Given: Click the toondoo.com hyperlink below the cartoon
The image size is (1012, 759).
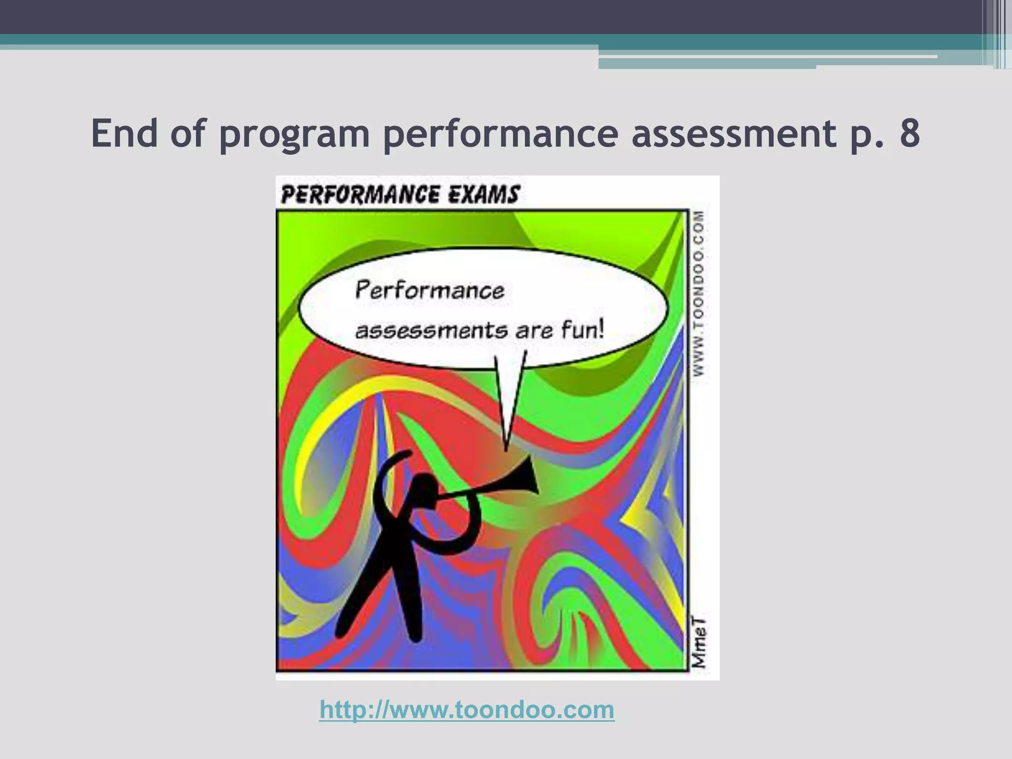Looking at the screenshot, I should [467, 710].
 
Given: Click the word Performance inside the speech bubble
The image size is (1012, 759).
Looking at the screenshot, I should [430, 290].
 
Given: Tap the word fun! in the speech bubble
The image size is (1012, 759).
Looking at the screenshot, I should [583, 329].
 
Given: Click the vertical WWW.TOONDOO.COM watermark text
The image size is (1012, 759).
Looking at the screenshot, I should [698, 294].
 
